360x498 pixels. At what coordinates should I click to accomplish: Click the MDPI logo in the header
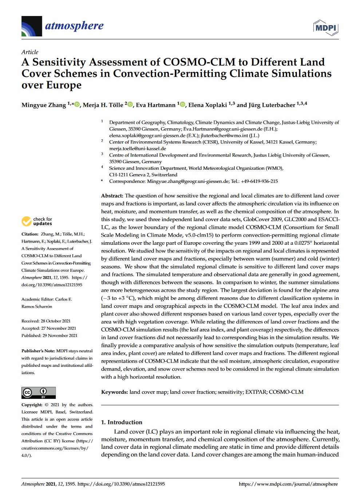tap(325, 28)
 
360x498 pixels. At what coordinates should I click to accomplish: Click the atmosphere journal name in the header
tap(74, 26)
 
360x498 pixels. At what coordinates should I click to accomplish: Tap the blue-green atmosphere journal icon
tap(32, 27)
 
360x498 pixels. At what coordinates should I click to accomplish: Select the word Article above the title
tap(29, 52)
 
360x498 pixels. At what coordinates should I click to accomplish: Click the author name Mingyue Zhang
tap(44, 105)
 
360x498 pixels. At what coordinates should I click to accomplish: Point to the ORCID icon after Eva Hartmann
tap(183, 105)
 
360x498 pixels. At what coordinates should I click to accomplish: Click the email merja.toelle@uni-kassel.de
tap(138, 149)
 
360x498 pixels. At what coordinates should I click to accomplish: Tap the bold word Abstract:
tap(112, 196)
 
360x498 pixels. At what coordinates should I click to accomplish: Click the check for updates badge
tap(37, 221)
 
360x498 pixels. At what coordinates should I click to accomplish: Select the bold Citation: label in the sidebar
tap(30, 234)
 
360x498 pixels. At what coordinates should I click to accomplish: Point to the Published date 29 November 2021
tap(60, 336)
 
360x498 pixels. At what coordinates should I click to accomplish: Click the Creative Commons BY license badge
tap(39, 393)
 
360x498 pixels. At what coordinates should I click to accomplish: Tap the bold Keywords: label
tap(114, 392)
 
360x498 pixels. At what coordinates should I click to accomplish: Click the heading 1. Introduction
tap(122, 422)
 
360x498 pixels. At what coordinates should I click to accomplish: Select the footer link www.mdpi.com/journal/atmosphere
tap(288, 484)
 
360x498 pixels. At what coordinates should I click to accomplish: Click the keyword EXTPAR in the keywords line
tap(256, 392)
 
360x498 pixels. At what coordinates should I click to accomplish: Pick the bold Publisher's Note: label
tap(38, 351)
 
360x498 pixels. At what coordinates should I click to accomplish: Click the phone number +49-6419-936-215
tap(259, 181)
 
